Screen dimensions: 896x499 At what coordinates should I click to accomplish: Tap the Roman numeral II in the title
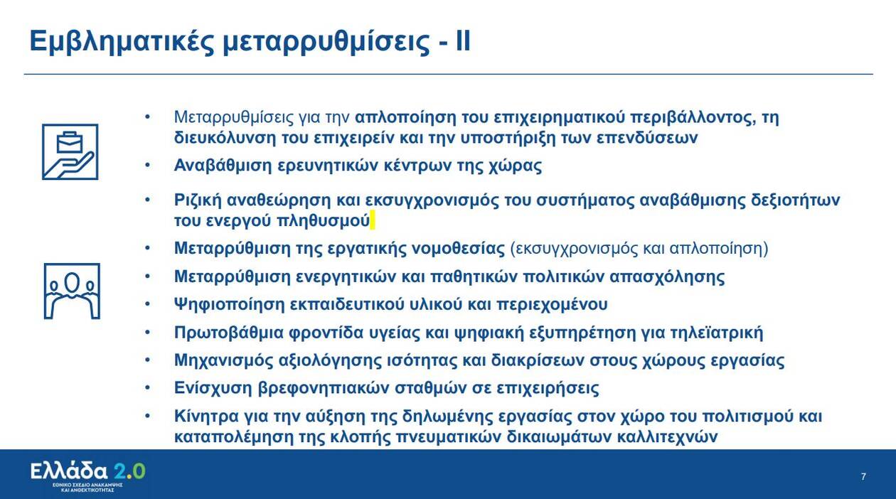pos(463,41)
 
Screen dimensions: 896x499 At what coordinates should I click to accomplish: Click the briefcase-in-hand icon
pos(70,152)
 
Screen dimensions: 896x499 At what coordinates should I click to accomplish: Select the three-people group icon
pos(72,291)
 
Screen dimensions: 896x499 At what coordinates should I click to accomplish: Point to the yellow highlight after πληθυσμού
pos(373,220)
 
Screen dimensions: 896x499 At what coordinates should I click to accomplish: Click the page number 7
pos(863,476)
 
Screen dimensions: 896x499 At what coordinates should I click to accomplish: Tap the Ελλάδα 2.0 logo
pos(88,476)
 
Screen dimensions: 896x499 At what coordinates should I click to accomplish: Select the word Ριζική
pos(198,200)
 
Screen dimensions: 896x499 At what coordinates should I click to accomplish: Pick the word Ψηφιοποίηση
pos(229,305)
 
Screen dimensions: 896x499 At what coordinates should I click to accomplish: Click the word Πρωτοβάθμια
pos(229,333)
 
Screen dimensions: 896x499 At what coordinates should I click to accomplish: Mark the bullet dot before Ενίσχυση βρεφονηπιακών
pos(147,388)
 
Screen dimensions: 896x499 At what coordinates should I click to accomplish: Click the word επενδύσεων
pos(647,138)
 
